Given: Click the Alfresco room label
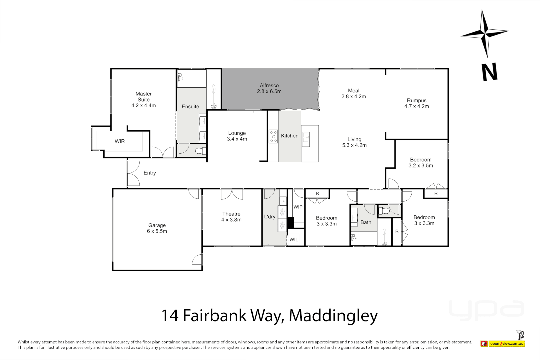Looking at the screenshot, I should click(269, 88).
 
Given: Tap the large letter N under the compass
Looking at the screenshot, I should click(489, 72).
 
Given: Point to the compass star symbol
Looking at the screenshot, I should click(485, 33).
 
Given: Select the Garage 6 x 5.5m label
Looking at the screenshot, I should click(157, 228).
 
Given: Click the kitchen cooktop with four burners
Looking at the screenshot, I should click(273, 137).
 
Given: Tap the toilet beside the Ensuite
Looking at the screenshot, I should click(201, 151).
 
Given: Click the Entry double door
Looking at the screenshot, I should click(133, 173).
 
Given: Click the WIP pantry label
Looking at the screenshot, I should click(298, 207).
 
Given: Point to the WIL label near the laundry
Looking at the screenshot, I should click(294, 240).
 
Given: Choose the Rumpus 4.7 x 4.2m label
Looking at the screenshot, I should click(417, 103).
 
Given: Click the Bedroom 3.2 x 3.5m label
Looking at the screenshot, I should click(421, 163).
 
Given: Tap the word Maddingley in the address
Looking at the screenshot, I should click(333, 316).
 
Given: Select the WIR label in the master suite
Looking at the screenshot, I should click(120, 141).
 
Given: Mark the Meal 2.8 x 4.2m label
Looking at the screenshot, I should click(354, 93).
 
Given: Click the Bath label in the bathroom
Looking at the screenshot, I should click(366, 222).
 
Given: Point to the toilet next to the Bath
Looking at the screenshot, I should click(385, 211).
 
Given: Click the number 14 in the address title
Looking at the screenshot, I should click(170, 316).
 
